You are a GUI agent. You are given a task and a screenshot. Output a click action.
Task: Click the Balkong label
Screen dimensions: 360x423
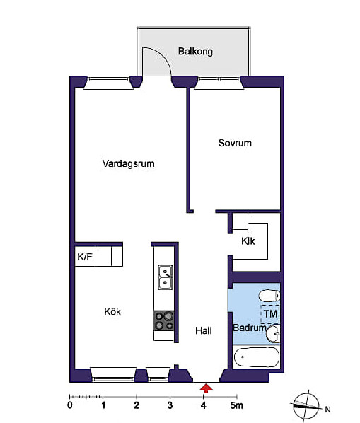pyautogui.click(x=195, y=51)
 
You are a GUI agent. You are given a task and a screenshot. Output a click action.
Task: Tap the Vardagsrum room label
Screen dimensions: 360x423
pyautogui.click(x=128, y=163)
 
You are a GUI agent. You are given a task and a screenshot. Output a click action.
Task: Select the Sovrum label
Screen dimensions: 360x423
pyautogui.click(x=235, y=143)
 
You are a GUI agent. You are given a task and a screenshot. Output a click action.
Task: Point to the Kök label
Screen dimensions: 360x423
pyautogui.click(x=112, y=311)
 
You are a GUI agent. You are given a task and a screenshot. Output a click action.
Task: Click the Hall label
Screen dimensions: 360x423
pyautogui.click(x=204, y=330)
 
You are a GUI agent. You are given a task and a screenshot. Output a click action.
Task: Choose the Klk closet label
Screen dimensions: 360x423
pyautogui.click(x=248, y=241)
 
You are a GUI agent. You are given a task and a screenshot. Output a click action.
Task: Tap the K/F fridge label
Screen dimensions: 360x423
pyautogui.click(x=85, y=257)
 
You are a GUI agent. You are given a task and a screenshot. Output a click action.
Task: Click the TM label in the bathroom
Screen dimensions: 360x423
pyautogui.click(x=270, y=314)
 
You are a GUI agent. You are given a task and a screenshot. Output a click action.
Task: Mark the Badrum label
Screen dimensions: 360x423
pyautogui.click(x=250, y=328)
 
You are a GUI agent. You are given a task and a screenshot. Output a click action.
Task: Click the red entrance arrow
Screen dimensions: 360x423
pyautogui.click(x=206, y=388)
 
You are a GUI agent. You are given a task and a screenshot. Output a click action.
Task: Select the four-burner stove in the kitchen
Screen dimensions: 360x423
pyautogui.click(x=164, y=320)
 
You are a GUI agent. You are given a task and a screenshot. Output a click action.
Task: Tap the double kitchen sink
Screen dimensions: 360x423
pyautogui.click(x=165, y=277)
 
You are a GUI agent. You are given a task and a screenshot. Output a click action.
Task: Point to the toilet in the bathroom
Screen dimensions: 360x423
pyautogui.click(x=269, y=296)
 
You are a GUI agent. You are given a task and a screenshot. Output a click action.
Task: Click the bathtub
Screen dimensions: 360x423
pyautogui.click(x=256, y=357)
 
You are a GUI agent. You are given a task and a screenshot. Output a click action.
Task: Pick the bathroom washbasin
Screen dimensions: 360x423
pyautogui.click(x=273, y=333)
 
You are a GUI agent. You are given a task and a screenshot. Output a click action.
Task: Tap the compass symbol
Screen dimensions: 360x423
pyautogui.click(x=306, y=405)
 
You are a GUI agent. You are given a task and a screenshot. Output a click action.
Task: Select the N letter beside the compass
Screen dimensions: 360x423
pyautogui.click(x=327, y=410)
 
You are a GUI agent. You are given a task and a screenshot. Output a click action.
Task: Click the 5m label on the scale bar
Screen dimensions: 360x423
pyautogui.click(x=236, y=405)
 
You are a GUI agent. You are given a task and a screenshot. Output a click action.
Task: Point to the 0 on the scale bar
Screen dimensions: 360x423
pyautogui.click(x=70, y=405)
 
